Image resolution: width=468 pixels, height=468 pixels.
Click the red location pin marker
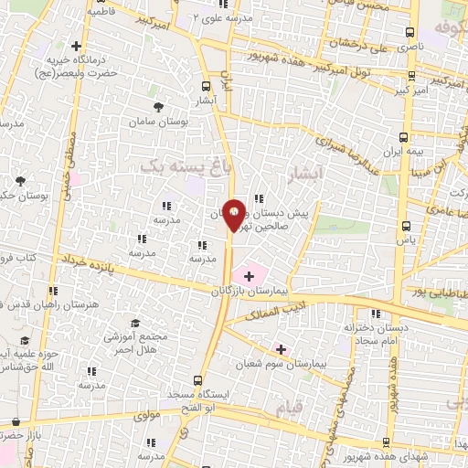234,216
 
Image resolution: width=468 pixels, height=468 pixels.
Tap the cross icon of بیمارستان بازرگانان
249,275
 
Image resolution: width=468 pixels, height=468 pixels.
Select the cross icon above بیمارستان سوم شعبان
281,348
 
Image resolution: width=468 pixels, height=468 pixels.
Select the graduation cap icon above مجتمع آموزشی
135,324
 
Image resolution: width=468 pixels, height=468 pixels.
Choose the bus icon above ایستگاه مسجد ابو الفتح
197,379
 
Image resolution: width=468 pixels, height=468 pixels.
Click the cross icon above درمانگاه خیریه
76,46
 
